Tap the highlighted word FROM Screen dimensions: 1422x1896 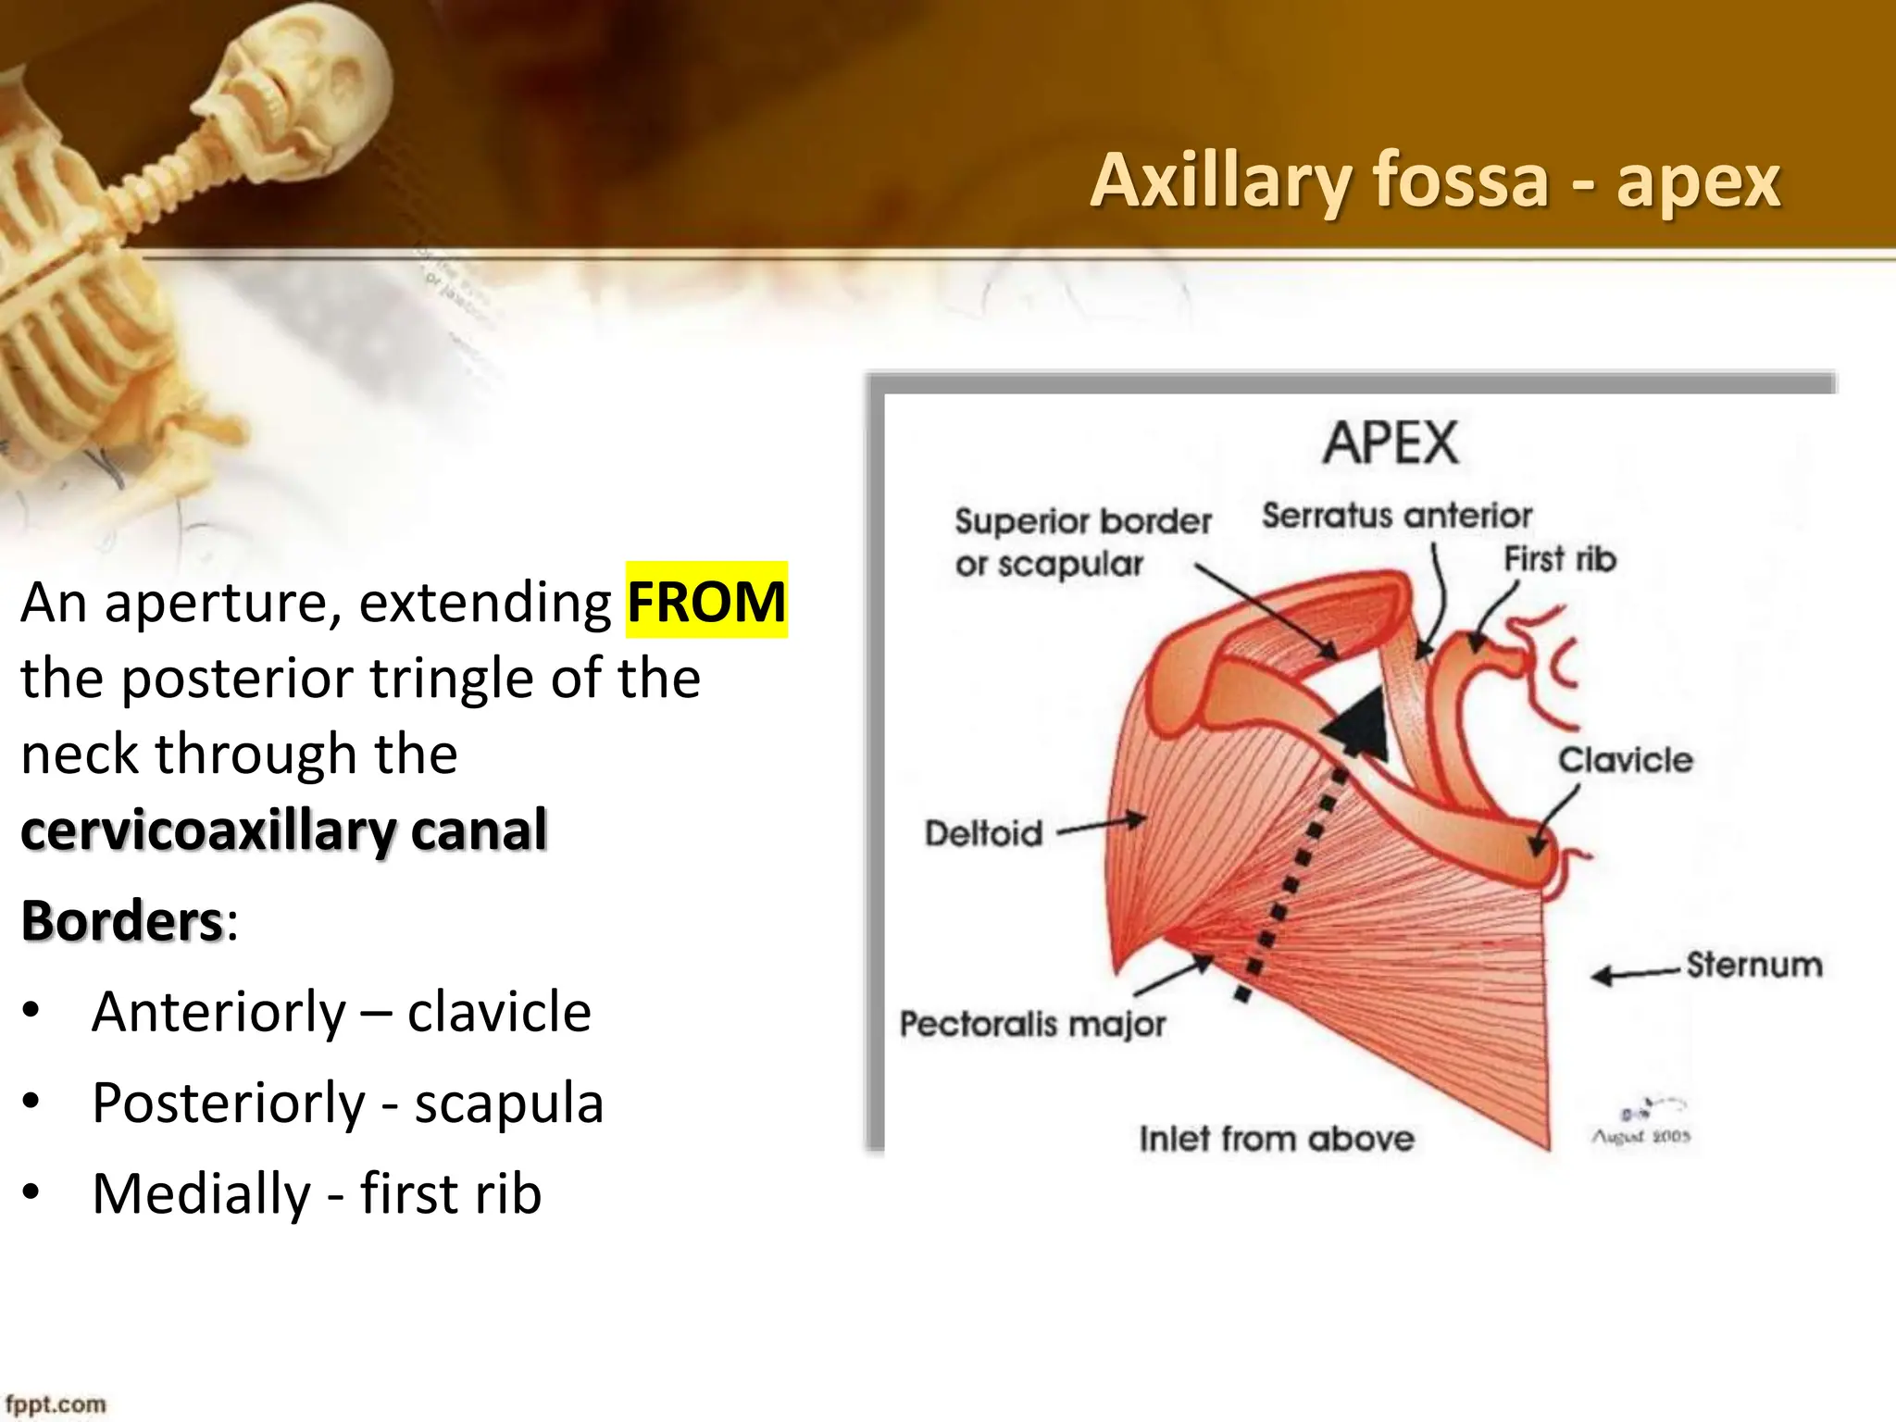coord(706,601)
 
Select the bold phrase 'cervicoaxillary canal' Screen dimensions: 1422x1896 coord(284,829)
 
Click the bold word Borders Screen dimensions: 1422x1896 coord(122,920)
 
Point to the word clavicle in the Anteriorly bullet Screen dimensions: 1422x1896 coord(499,1011)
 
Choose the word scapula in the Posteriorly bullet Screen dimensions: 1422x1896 coord(509,1103)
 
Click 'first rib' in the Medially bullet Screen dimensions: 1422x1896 coord(451,1193)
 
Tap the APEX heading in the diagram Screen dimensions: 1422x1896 coord(1391,443)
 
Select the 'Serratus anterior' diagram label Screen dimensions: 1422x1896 coord(1397,516)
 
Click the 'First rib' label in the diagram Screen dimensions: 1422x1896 coord(1560,559)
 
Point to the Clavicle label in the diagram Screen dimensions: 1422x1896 coord(1625,760)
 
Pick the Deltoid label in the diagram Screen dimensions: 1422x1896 coord(983,833)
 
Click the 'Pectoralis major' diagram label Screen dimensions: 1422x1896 coord(1032,1024)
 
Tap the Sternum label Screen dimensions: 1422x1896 coord(1753,965)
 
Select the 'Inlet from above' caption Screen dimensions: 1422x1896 coord(1277,1139)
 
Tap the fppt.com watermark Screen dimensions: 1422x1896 coord(56,1404)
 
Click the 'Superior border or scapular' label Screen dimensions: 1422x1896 coord(1082,543)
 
